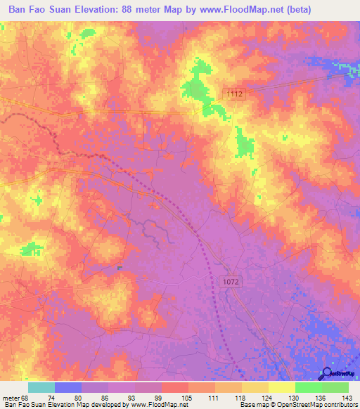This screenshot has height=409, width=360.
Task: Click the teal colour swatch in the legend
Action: [x=41, y=388]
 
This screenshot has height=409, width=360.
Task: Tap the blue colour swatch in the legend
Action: [x=67, y=388]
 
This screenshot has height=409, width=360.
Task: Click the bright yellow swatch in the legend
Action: [x=281, y=388]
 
